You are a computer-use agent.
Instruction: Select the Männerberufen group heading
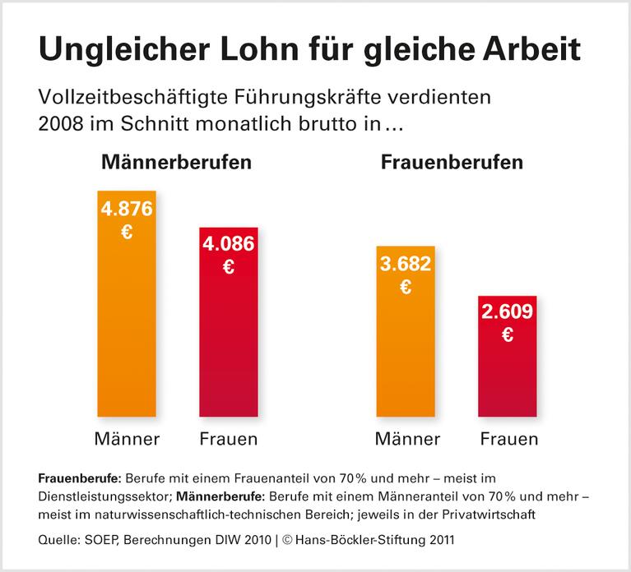click(x=176, y=162)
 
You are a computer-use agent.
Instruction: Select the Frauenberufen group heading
click(x=452, y=162)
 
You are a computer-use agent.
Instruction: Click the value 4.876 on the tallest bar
click(x=127, y=209)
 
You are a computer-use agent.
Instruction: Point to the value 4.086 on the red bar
click(x=229, y=243)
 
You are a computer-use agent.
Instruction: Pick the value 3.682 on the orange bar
click(x=405, y=263)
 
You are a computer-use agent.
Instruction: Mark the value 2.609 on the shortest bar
click(x=508, y=311)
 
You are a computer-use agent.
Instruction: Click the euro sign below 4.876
click(x=127, y=233)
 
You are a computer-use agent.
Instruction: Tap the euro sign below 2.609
click(x=508, y=334)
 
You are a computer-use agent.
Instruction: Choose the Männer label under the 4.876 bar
click(x=127, y=439)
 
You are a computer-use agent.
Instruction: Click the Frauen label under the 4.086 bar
click(x=229, y=439)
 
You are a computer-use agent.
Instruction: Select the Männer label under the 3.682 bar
click(x=406, y=439)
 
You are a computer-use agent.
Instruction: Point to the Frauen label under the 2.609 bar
click(x=508, y=439)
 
